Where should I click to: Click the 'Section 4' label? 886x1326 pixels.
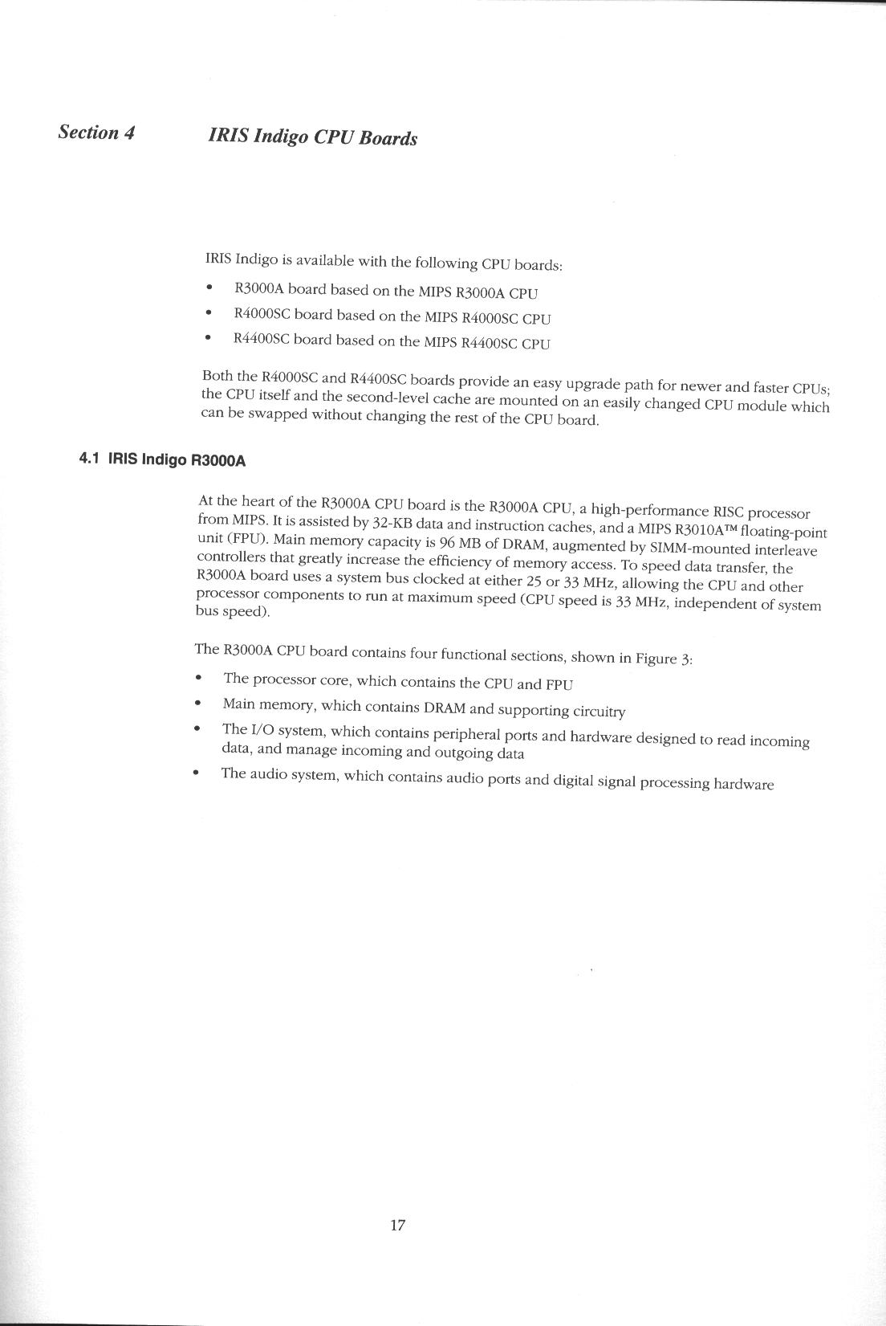tap(96, 133)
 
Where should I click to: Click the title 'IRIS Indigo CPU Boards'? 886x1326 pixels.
tap(312, 137)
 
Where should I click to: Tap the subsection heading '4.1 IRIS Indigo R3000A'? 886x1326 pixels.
tap(161, 459)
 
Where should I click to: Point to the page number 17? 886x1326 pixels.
tap(397, 1225)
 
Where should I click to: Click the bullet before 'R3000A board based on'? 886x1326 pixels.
tap(209, 288)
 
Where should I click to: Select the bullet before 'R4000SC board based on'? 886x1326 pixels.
tap(209, 312)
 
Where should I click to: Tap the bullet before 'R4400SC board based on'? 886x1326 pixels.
tap(208, 338)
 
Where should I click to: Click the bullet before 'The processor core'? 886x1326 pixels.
tap(198, 678)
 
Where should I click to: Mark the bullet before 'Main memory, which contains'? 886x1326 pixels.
tap(197, 703)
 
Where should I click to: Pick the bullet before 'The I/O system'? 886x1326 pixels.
tap(196, 728)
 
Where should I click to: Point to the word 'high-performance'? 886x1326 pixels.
tap(644, 510)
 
